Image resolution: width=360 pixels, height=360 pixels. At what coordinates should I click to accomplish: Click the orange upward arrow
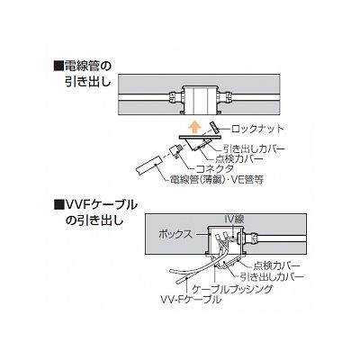click(x=195, y=127)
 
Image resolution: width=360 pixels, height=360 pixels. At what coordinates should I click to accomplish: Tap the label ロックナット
click(x=257, y=129)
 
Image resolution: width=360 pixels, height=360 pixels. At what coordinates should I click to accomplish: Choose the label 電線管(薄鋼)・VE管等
click(x=217, y=179)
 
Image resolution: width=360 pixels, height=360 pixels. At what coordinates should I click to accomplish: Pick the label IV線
click(x=234, y=219)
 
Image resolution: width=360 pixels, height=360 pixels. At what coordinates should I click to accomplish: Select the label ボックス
click(x=175, y=234)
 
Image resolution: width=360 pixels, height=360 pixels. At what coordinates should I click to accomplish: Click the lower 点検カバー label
click(x=277, y=265)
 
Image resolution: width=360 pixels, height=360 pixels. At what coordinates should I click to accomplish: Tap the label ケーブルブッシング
click(x=232, y=289)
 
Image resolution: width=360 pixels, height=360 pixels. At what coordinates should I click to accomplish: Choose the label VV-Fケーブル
click(x=191, y=299)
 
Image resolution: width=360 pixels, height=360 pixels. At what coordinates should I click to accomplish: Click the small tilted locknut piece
click(x=214, y=128)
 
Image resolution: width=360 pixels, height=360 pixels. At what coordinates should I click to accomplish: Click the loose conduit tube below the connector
click(x=148, y=166)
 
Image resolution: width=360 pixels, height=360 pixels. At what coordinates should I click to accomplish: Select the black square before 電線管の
click(x=58, y=67)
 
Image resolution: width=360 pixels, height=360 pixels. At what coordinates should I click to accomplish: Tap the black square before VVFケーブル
click(x=58, y=205)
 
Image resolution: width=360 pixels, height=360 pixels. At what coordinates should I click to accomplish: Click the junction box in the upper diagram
click(x=201, y=100)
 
